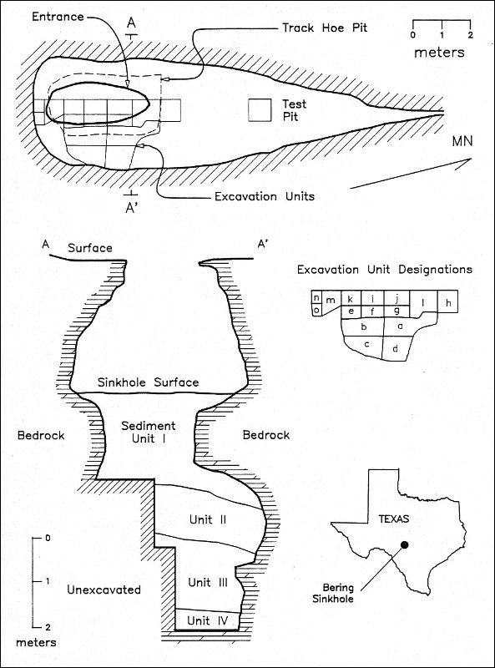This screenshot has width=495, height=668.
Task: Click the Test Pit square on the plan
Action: click(x=260, y=111)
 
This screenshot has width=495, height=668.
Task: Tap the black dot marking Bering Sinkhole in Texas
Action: click(x=404, y=544)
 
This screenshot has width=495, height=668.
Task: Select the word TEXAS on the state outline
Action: click(x=394, y=519)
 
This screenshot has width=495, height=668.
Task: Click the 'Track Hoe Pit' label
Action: click(x=325, y=28)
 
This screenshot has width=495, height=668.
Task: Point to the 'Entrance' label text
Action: click(x=58, y=17)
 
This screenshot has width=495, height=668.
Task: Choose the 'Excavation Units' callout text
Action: click(x=265, y=196)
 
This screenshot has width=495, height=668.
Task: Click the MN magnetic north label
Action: click(x=462, y=141)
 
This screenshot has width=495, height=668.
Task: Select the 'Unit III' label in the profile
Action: click(x=208, y=582)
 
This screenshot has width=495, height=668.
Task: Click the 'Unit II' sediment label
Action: click(x=208, y=519)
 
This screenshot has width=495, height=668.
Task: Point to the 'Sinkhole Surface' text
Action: click(x=149, y=382)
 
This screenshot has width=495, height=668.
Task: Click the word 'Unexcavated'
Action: click(x=104, y=590)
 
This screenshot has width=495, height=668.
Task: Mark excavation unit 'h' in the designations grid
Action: click(x=448, y=303)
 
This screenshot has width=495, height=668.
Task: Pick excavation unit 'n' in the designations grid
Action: click(x=316, y=298)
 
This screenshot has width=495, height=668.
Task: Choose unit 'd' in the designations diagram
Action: click(x=396, y=349)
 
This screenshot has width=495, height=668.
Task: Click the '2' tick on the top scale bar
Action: click(x=470, y=34)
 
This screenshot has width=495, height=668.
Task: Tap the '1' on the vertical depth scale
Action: click(x=47, y=581)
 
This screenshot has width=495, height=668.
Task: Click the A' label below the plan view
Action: click(x=131, y=207)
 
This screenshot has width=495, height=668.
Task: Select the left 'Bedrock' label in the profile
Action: click(x=41, y=435)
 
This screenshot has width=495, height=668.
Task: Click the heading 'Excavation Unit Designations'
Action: click(x=385, y=270)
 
